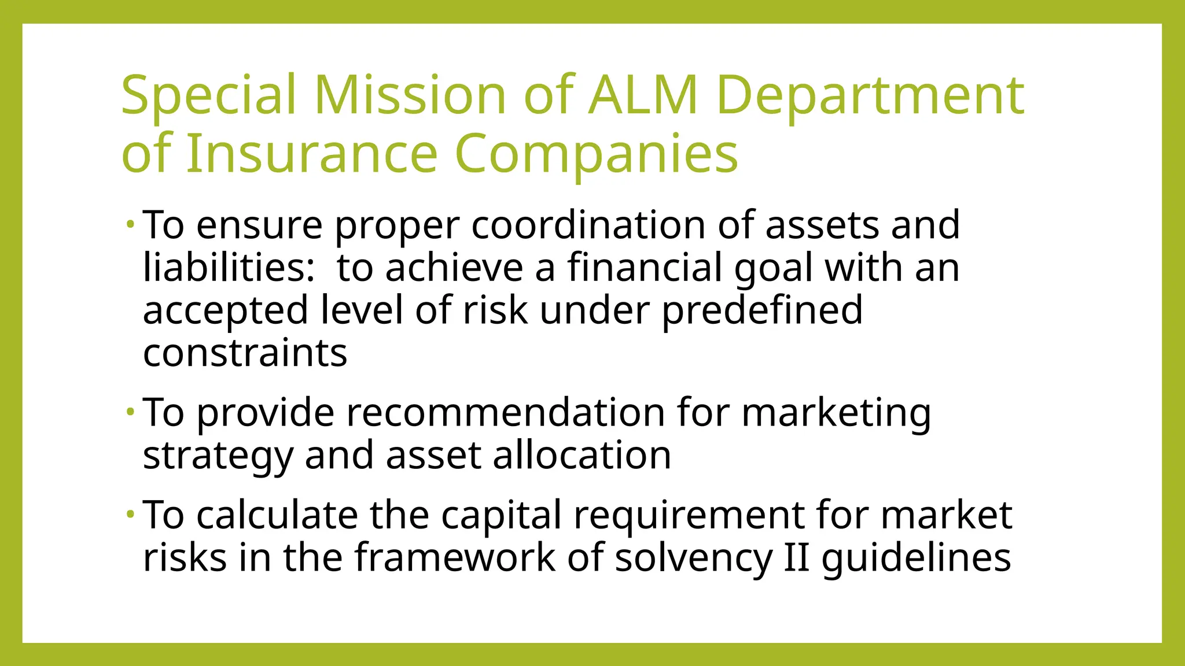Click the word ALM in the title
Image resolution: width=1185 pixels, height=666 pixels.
pyautogui.click(x=643, y=95)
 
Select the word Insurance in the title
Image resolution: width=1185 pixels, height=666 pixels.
pyautogui.click(x=312, y=154)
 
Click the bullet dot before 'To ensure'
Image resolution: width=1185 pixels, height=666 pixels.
pyautogui.click(x=131, y=223)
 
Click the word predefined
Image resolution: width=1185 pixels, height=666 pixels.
pyautogui.click(x=762, y=311)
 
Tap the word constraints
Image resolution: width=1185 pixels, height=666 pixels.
pyautogui.click(x=245, y=353)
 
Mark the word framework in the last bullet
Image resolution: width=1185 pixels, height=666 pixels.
pyautogui.click(x=455, y=557)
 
